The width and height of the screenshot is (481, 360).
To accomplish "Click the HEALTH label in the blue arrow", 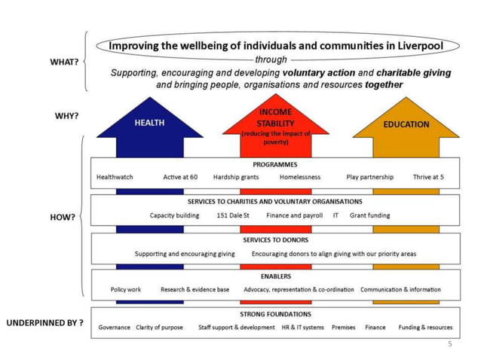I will pyautogui.click(x=149, y=124).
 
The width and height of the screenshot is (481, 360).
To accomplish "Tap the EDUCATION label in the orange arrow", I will pyautogui.click(x=406, y=124).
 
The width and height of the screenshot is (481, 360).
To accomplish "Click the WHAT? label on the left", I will pyautogui.click(x=64, y=61).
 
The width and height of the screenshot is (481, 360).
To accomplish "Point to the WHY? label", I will pyautogui.click(x=66, y=117).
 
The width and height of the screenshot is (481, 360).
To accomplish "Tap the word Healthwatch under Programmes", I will pyautogui.click(x=115, y=177).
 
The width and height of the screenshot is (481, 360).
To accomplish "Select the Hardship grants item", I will pyautogui.click(x=235, y=177).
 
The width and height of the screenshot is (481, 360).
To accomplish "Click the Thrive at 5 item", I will pyautogui.click(x=427, y=177).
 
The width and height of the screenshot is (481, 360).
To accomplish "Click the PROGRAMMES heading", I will pyautogui.click(x=274, y=164).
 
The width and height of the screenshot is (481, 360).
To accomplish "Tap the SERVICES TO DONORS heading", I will pyautogui.click(x=274, y=239).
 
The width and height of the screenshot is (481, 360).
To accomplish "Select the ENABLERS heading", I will pyautogui.click(x=275, y=276).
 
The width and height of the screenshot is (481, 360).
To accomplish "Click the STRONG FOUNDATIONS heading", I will pyautogui.click(x=275, y=314).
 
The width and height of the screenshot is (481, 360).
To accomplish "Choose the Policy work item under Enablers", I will pyautogui.click(x=126, y=289).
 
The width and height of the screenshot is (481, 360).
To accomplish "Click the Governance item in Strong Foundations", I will pyautogui.click(x=115, y=328).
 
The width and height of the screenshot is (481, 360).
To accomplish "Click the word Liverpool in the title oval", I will pyautogui.click(x=421, y=45).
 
